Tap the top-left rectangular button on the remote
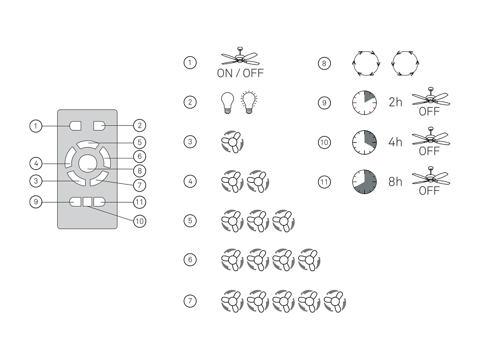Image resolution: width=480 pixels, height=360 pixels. (x=75, y=126)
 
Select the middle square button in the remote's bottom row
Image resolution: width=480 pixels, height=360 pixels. (x=87, y=202)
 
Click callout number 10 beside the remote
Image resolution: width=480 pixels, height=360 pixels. (x=140, y=221)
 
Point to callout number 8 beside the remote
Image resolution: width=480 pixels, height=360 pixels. (x=140, y=171)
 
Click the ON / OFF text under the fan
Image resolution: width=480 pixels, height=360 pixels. (x=240, y=73)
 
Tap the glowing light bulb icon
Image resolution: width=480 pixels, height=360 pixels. (x=249, y=102)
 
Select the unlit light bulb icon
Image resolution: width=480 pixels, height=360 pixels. (x=228, y=103)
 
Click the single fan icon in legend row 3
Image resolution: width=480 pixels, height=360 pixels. (x=232, y=142)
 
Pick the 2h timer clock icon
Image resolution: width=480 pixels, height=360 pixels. (x=364, y=103)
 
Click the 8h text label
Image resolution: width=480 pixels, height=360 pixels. (x=395, y=182)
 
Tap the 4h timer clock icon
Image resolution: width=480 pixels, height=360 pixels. (x=364, y=142)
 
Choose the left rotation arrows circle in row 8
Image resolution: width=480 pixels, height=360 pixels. (x=366, y=63)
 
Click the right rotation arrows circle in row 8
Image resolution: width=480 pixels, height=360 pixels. (x=405, y=63)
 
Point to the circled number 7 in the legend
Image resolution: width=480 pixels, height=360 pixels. (x=190, y=301)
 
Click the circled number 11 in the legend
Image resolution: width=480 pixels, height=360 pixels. (x=324, y=182)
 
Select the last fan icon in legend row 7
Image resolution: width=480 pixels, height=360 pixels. (x=335, y=301)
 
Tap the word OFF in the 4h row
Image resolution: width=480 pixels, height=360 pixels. (x=429, y=151)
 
